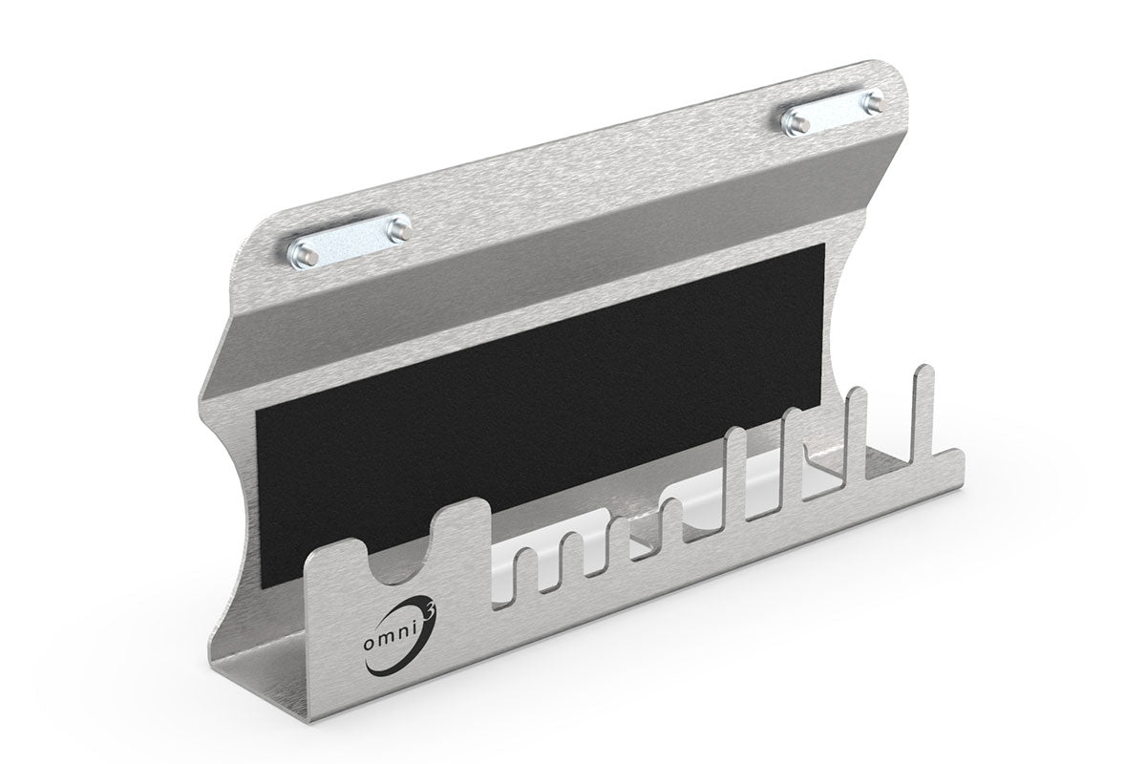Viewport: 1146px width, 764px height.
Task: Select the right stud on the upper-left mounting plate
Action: pyautogui.click(x=399, y=228)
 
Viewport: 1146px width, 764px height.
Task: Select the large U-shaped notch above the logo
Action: pyautogui.click(x=393, y=563)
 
